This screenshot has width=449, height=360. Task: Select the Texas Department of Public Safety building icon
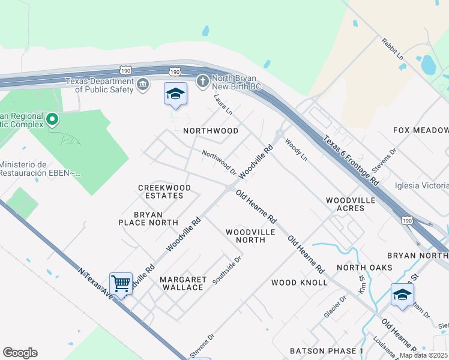(x=143, y=84)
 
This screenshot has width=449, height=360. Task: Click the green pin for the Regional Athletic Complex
(x=52, y=119)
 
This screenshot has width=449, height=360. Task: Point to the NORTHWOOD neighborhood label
(x=211, y=131)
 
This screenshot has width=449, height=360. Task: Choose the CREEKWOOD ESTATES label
(x=164, y=192)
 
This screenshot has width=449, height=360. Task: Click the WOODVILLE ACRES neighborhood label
(x=351, y=204)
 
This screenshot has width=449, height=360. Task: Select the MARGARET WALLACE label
(x=183, y=284)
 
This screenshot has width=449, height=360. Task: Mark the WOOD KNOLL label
(x=300, y=282)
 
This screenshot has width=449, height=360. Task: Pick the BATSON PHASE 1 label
(x=327, y=351)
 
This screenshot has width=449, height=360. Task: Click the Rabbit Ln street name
(x=392, y=49)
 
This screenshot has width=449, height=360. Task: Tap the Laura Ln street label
(x=223, y=104)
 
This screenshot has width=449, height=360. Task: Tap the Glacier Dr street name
(x=335, y=307)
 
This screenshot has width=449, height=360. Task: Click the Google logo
(x=20, y=353)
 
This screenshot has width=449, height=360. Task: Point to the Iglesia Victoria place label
(x=421, y=185)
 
